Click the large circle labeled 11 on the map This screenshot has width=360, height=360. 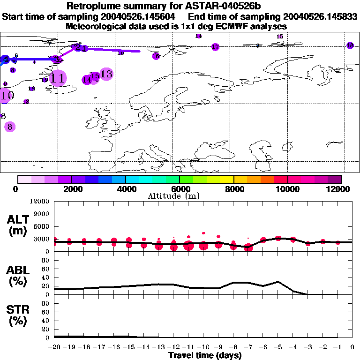(x=58, y=78)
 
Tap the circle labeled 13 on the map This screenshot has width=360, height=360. (x=106, y=74)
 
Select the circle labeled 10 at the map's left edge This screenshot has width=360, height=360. (x=6, y=96)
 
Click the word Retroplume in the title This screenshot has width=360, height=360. (x=91, y=6)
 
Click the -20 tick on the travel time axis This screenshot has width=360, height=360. (x=54, y=347)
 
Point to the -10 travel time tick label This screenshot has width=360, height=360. (x=203, y=347)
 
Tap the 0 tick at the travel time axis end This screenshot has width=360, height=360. (x=352, y=347)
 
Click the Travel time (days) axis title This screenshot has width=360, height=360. (x=205, y=356)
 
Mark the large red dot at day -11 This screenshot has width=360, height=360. (x=189, y=246)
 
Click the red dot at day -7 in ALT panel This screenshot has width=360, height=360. (x=248, y=247)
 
